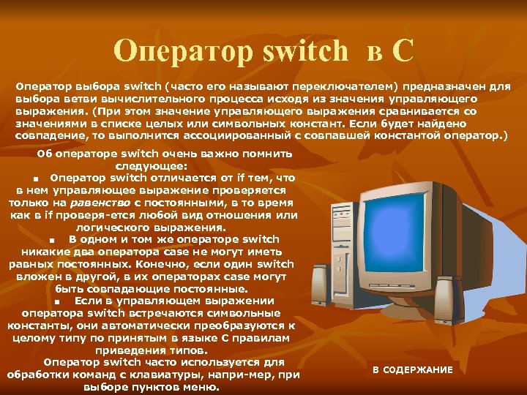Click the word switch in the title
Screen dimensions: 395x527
(303, 50)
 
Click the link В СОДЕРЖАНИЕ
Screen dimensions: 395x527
(412, 370)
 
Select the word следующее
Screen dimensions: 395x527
(154, 165)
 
